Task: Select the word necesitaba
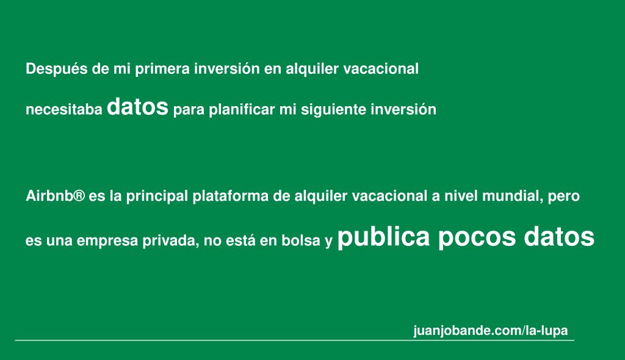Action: pos(63,110)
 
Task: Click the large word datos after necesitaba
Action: pos(137,106)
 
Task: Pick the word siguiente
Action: pos(334,110)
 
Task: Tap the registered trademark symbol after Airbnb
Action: pos(79,196)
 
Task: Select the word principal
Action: pos(157,196)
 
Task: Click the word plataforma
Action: pos(231,196)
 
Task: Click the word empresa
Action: pos(107,241)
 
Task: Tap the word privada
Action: pos(171,241)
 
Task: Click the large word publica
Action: pos(383,237)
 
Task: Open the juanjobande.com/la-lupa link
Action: pos(491,331)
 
